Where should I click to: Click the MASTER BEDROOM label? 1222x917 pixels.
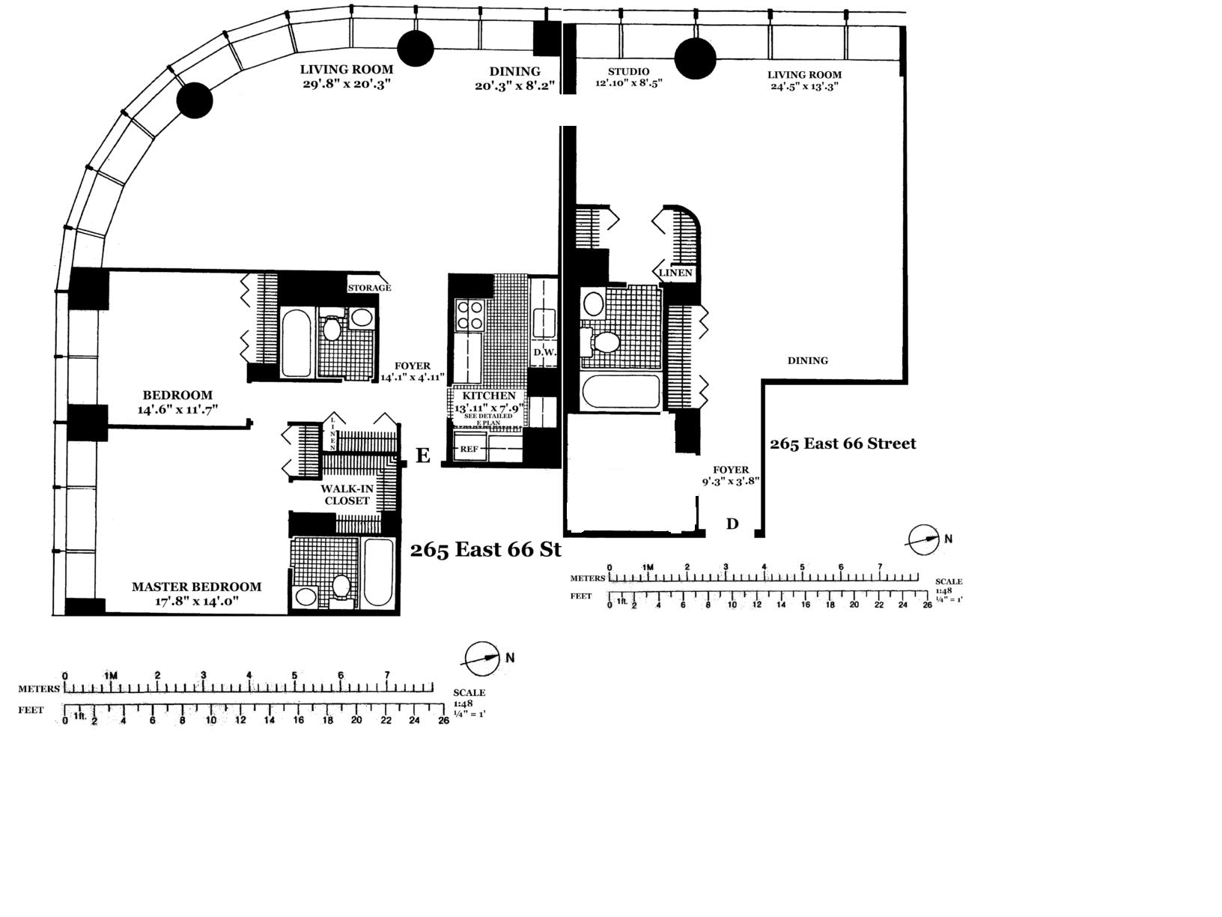tap(197, 587)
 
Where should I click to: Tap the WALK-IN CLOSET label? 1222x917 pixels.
tap(347, 494)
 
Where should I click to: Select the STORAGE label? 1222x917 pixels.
tap(369, 288)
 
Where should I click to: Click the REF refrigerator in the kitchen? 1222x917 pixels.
tap(469, 449)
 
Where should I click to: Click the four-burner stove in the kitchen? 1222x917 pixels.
tap(469, 315)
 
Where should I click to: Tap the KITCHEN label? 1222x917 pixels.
tap(488, 396)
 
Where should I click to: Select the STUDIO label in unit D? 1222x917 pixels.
tap(628, 72)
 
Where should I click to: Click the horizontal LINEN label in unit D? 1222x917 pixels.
tap(675, 273)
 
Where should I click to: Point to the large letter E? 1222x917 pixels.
tap(423, 456)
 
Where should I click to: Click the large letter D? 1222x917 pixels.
tap(732, 524)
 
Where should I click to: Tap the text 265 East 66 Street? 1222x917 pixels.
tap(843, 444)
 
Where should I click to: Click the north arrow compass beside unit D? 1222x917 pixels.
tap(923, 539)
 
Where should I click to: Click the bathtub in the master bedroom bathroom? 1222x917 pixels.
tap(378, 572)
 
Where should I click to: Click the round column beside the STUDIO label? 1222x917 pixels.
tap(695, 58)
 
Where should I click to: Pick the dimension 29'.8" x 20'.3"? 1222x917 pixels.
tap(347, 84)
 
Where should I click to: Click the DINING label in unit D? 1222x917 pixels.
tap(808, 360)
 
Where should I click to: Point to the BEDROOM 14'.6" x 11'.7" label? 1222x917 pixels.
tap(177, 402)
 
